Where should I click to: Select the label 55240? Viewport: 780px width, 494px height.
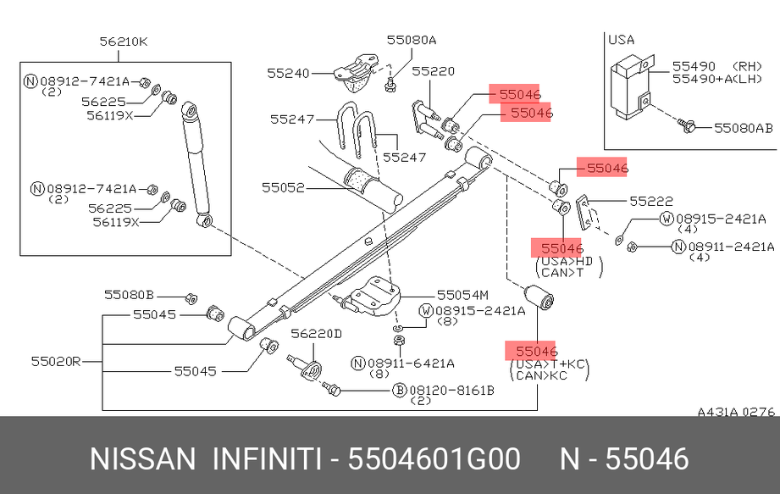click(289, 74)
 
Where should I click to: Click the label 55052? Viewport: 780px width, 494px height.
click(282, 187)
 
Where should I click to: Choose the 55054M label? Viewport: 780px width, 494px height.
click(462, 295)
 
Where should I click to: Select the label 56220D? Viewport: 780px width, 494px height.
click(316, 334)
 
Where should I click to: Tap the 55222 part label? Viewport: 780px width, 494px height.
click(650, 201)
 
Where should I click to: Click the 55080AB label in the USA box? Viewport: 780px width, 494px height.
click(743, 128)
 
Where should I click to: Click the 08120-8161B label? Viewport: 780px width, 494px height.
click(451, 391)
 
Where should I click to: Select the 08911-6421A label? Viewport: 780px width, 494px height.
click(410, 363)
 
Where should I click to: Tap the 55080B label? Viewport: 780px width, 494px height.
click(129, 295)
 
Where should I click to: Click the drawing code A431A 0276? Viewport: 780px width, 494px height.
click(736, 413)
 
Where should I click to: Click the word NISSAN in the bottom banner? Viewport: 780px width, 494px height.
click(142, 459)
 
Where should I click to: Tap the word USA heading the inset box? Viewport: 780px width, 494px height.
click(621, 39)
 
